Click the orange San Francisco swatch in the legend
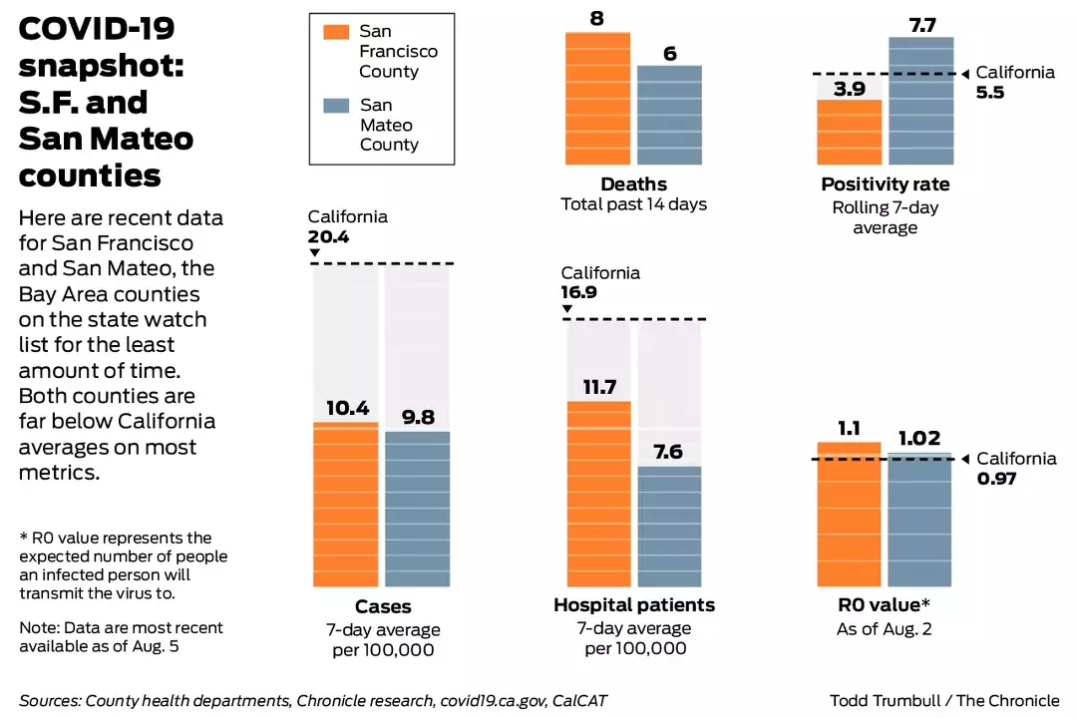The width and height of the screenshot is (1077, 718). pos(337,31)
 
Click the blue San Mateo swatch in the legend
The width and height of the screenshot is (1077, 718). pos(337,105)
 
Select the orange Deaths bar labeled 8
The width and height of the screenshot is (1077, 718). pos(598,95)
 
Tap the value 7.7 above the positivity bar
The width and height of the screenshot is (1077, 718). pos(922,25)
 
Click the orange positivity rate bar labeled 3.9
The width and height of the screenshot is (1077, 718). pos(850,131)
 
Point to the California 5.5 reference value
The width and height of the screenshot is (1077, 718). pos(991,91)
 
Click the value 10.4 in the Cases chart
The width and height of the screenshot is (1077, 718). pos(347,408)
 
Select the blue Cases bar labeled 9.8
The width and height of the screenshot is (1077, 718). pos(417,509)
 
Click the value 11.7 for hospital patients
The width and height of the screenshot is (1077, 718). pos(599,387)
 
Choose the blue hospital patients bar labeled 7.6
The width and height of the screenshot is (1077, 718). pos(669,526)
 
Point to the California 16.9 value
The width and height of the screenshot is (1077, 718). pos(586,293)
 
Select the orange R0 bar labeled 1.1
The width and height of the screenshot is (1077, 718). pos(850,514)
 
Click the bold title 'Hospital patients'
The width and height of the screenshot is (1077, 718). pos(634,605)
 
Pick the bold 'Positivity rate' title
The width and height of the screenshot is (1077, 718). pos(886,184)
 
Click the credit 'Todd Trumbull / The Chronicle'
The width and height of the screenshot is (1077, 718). pos(944,700)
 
